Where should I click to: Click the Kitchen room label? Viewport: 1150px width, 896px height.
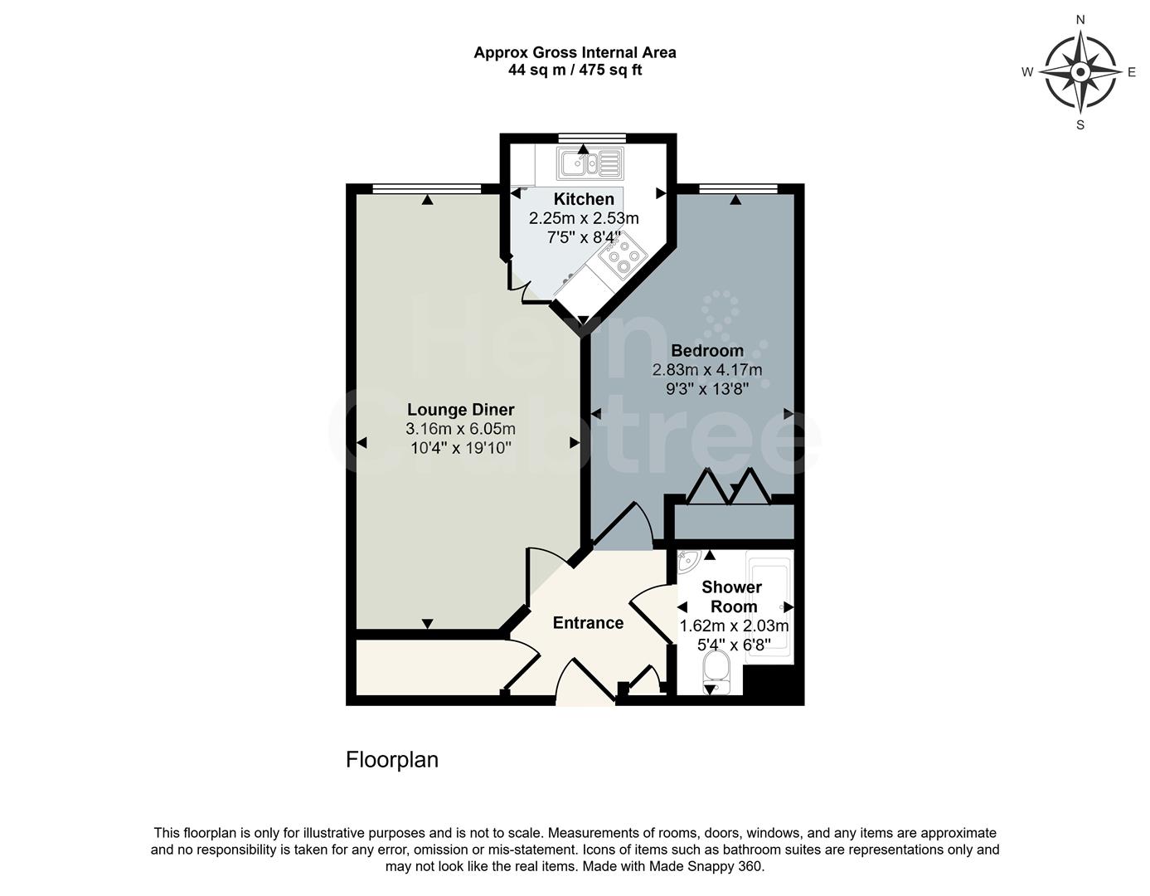584,199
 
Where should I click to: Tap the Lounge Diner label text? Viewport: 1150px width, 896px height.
460,410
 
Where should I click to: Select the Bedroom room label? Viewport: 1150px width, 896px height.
707,350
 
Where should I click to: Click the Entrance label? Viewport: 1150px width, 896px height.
588,623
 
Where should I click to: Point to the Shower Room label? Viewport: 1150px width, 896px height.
732,597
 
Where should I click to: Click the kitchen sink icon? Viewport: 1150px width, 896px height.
590,163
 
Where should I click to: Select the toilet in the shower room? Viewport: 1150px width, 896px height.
715,670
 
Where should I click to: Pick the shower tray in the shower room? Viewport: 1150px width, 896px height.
770,607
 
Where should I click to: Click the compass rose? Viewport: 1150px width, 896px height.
1080,72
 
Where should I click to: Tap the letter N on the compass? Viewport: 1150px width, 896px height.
1080,19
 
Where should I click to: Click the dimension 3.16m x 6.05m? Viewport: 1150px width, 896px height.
460,429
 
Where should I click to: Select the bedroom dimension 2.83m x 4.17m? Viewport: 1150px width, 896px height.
707,370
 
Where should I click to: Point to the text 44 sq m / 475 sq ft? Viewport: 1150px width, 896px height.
575,71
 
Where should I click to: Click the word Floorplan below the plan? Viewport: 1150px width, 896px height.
391,760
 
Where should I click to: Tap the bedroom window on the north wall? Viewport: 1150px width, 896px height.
737,188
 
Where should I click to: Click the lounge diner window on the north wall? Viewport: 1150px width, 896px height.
426,188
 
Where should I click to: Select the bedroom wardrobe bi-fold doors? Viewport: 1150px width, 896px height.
728,488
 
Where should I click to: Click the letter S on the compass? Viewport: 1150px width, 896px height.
1080,125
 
